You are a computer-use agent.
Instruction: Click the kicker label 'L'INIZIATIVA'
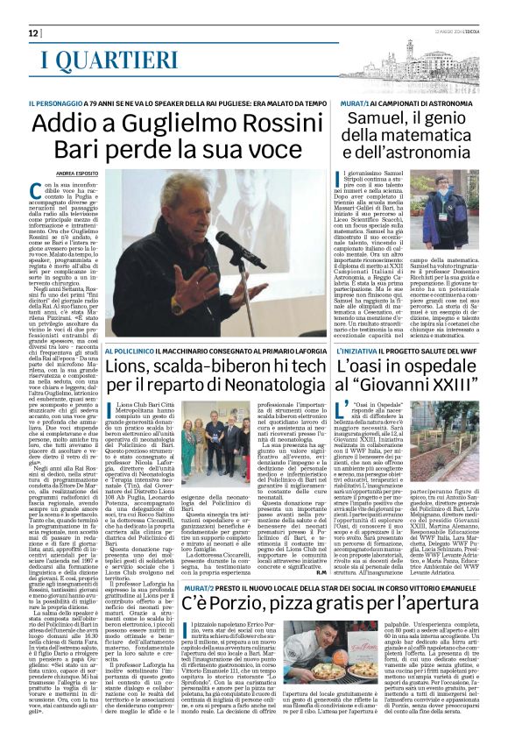tap(359, 349)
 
